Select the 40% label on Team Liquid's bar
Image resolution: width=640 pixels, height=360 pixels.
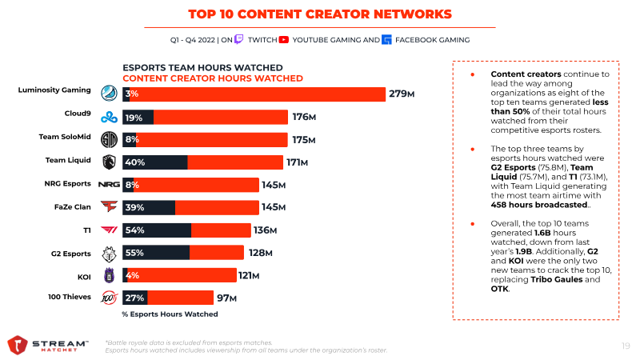[134, 162]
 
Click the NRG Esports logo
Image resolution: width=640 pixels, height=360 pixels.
[109, 185]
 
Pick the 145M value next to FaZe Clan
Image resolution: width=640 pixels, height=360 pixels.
[273, 208]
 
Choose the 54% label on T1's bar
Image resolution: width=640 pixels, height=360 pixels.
[134, 230]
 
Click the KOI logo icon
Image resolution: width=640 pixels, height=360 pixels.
[110, 276]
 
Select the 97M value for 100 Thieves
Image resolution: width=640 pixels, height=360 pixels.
[227, 298]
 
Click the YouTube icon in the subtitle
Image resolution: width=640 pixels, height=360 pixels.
[285, 39]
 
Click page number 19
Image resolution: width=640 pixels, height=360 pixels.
[625, 346]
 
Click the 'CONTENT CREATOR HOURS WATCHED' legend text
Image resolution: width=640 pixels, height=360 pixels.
[212, 78]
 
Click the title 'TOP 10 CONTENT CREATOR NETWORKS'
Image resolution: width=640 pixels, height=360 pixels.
[319, 14]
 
